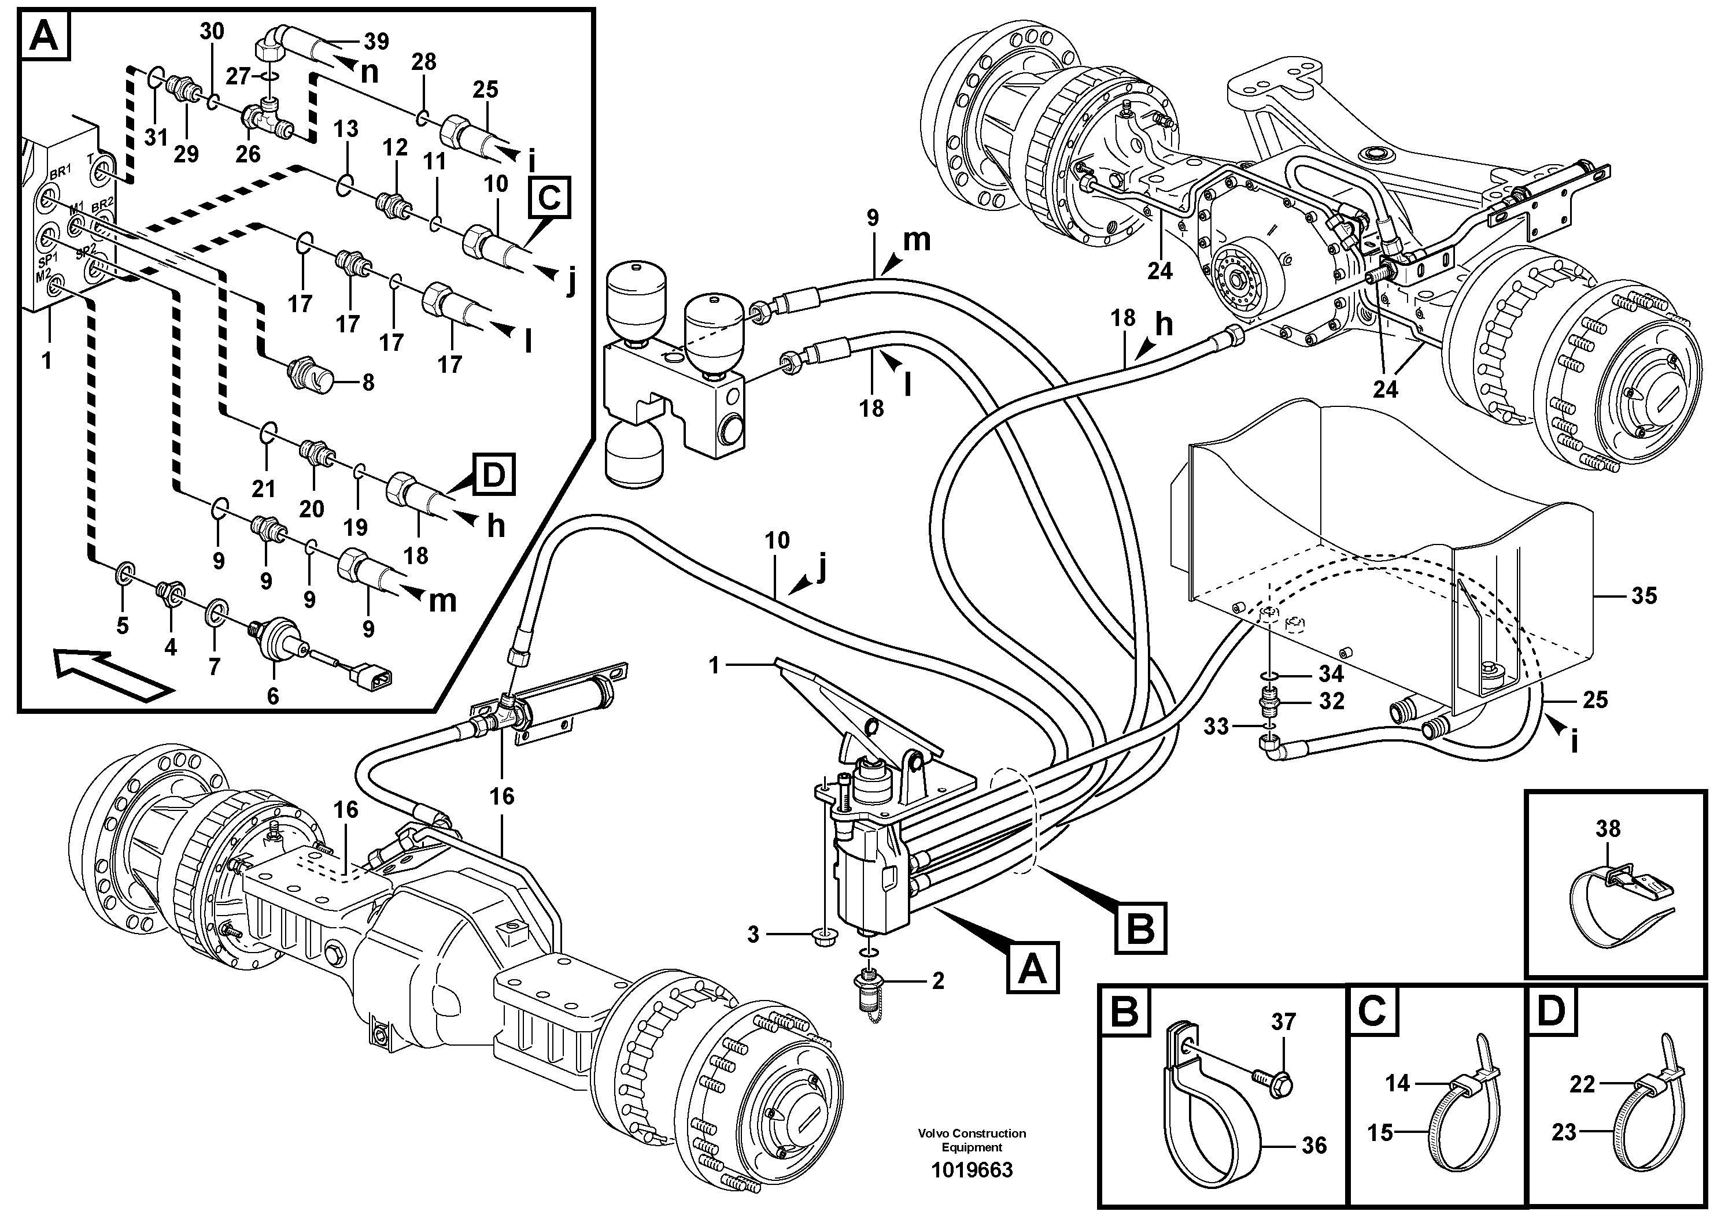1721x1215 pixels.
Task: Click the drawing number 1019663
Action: click(972, 1170)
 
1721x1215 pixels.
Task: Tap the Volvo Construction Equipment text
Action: click(972, 1140)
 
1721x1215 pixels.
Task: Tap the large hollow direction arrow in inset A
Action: click(112, 673)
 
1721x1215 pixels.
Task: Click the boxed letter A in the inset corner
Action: click(44, 36)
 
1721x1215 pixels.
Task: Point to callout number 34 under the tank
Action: click(1331, 674)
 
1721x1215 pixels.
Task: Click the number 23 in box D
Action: click(1564, 1132)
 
